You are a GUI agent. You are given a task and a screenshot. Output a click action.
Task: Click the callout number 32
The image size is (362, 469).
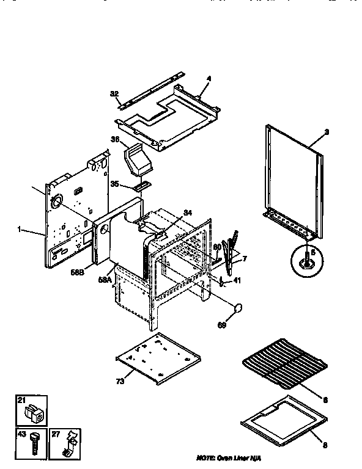[114, 93]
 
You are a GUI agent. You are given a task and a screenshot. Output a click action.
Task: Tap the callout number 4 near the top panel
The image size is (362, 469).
[208, 79]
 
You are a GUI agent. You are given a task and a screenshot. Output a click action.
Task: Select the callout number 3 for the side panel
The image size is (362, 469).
[327, 133]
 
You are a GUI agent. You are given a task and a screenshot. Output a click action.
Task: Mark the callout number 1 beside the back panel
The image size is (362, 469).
[20, 230]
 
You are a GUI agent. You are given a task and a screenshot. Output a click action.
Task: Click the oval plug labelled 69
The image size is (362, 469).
[238, 307]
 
